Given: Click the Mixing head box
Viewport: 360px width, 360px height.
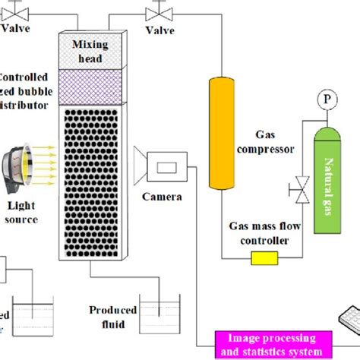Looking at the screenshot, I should pos(90,49).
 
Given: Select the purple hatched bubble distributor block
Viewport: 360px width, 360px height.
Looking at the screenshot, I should pos(90,84).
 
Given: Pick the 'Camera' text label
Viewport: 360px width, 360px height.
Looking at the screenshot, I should pos(160,197).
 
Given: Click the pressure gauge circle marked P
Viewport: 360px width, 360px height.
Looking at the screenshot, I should pos(327,99).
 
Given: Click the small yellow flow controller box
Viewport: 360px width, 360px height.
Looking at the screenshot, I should pos(262,261).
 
